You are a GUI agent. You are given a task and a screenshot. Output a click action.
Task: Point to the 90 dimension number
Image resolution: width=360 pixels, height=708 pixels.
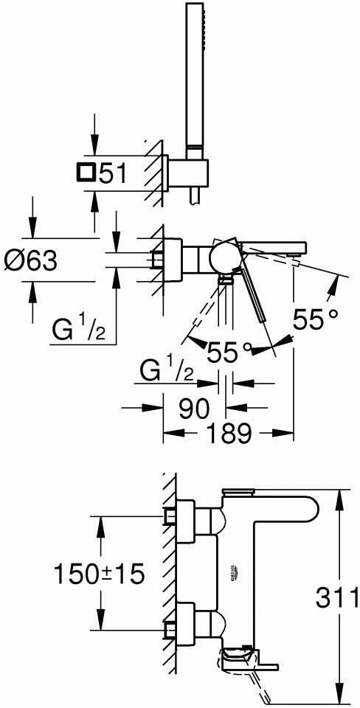(194, 408)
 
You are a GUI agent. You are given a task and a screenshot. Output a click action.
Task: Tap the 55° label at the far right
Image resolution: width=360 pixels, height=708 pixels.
(314, 319)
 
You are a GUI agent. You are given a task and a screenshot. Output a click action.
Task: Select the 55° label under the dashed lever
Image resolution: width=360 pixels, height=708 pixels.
(229, 352)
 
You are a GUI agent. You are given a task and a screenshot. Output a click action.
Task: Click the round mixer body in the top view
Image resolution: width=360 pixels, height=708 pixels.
(224, 260)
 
